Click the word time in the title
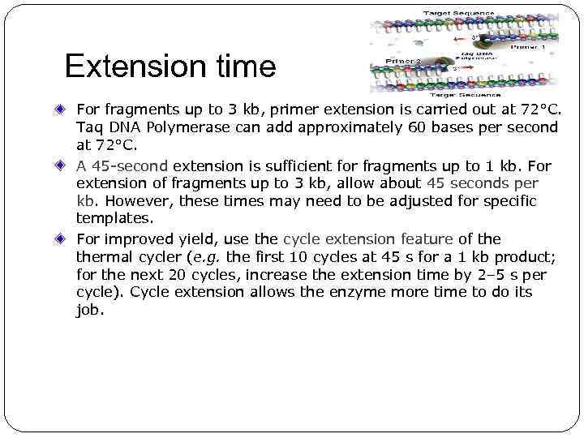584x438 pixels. (x=243, y=67)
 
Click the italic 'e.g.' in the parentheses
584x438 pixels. (x=207, y=257)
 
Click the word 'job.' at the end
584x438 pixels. (x=90, y=310)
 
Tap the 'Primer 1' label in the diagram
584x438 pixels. (x=528, y=47)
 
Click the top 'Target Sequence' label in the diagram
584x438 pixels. (x=458, y=14)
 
